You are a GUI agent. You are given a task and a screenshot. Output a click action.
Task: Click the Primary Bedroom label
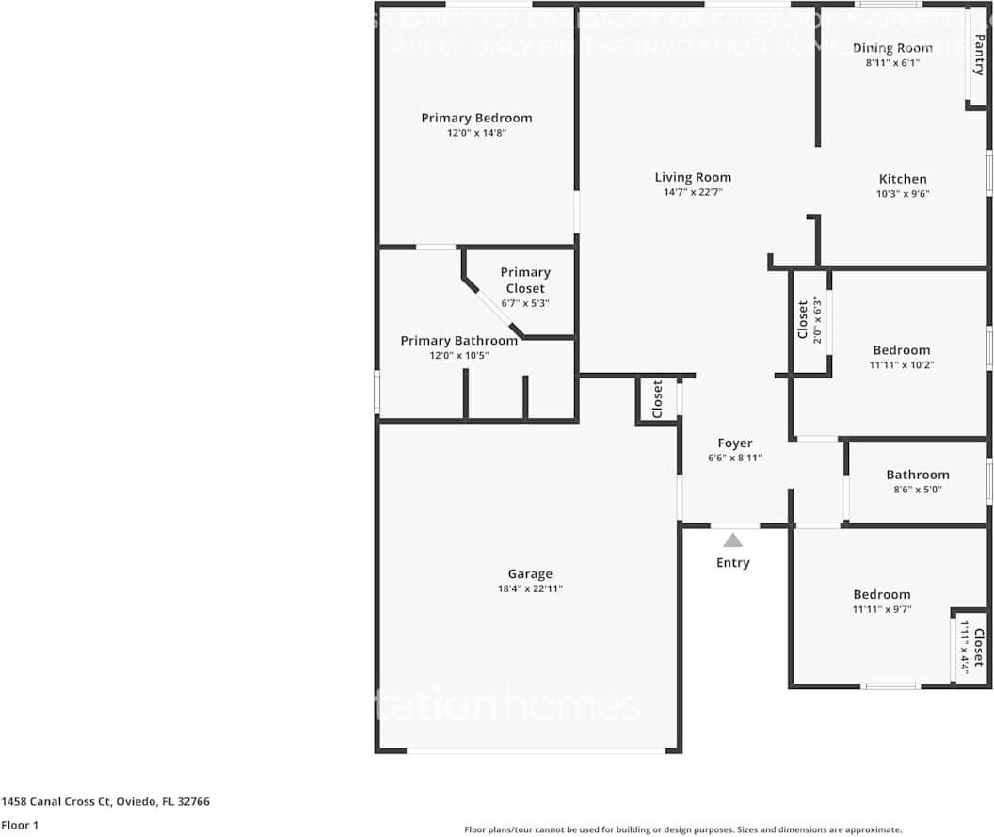click(476, 118)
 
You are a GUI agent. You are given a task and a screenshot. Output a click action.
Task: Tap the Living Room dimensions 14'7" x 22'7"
click(693, 192)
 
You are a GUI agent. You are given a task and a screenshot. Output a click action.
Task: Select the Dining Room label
click(892, 48)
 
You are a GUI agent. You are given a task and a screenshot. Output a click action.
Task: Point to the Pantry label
click(979, 56)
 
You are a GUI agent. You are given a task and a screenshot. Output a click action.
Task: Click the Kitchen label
click(903, 179)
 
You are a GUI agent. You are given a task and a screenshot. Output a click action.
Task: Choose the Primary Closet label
click(525, 281)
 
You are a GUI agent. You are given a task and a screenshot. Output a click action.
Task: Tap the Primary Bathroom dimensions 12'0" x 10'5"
click(459, 355)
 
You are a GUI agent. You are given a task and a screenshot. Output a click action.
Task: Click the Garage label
click(530, 573)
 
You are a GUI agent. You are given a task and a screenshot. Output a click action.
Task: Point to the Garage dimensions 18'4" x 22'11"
click(530, 588)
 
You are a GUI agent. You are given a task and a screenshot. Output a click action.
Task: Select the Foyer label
click(735, 443)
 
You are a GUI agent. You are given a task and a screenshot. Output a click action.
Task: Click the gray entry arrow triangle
click(733, 540)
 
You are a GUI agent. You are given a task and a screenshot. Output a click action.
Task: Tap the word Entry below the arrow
click(733, 563)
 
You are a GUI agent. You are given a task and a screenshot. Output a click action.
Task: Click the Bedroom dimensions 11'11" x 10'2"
click(901, 365)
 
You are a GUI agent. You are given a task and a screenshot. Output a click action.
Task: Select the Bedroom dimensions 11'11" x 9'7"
click(882, 609)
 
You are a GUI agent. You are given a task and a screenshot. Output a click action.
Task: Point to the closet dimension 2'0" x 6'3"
click(818, 320)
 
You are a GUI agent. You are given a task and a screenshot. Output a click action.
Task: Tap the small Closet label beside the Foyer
click(658, 398)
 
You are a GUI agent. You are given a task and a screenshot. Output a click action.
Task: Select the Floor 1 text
click(19, 825)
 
